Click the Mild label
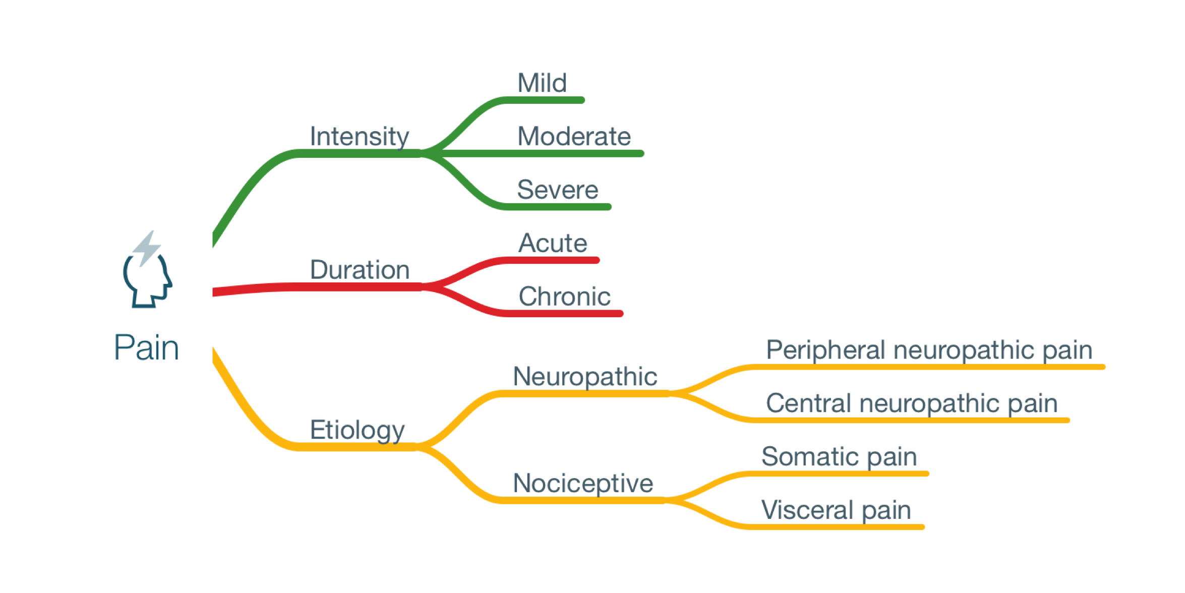click(x=542, y=83)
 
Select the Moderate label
click(x=574, y=136)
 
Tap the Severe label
click(x=557, y=190)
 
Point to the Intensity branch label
click(x=359, y=137)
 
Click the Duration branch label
click(x=359, y=270)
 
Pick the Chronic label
click(x=564, y=296)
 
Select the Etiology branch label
click(x=357, y=430)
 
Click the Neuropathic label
click(x=585, y=377)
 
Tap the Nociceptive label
click(x=583, y=483)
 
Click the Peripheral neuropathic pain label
click(x=929, y=350)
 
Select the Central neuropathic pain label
click(x=911, y=403)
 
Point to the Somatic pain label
click(x=839, y=457)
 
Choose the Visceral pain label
click(x=836, y=510)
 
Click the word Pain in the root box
click(x=146, y=347)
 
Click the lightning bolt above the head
click(x=147, y=247)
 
